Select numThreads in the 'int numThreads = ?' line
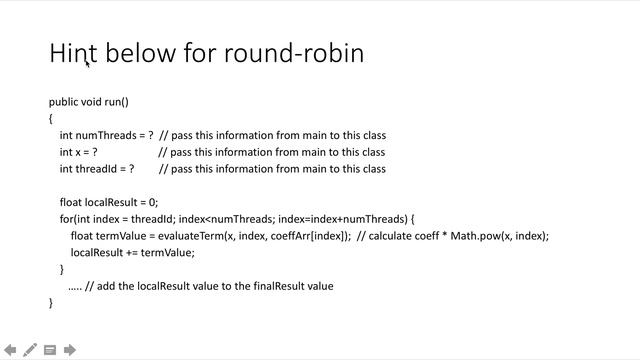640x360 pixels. [x=106, y=135]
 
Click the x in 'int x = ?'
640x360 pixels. [x=77, y=152]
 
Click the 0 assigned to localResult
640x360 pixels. [x=151, y=202]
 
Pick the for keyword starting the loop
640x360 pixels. [x=66, y=219]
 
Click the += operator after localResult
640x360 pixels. [x=131, y=252]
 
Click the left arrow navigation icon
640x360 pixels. [x=10, y=350]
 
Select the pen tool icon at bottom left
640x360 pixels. [x=30, y=350]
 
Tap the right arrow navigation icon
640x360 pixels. [x=70, y=350]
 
